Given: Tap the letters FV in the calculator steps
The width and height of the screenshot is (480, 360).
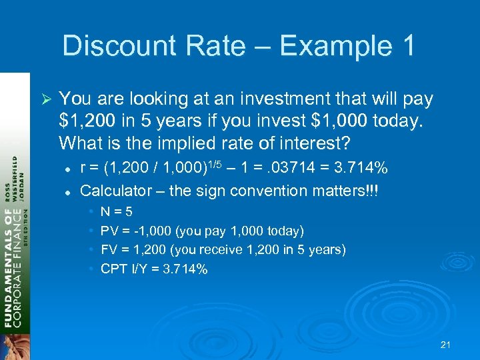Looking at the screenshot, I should tap(109, 250).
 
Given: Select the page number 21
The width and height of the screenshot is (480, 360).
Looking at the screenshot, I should tap(446, 345).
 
